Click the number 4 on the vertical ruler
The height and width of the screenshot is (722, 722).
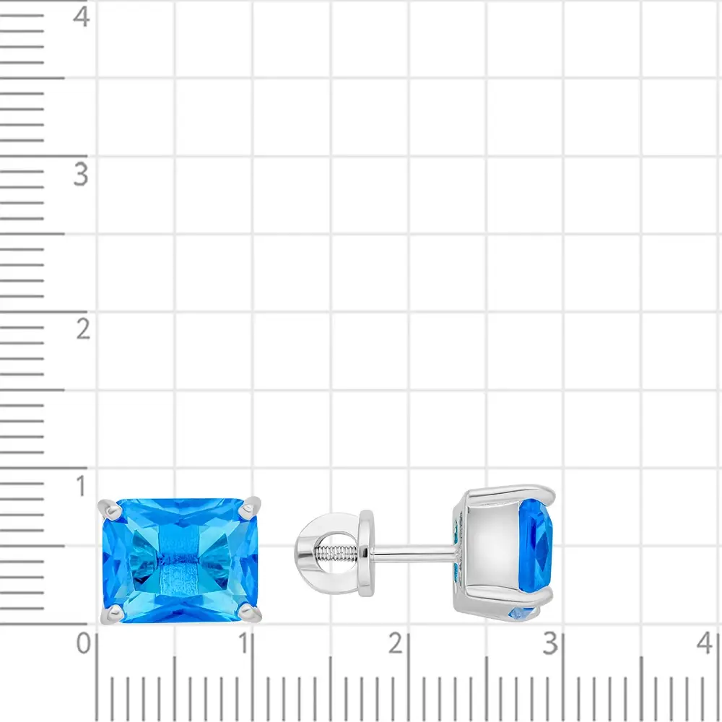82,17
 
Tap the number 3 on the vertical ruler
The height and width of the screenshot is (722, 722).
81,175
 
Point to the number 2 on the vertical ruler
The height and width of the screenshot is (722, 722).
83,329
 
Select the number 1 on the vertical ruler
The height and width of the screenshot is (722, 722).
82,486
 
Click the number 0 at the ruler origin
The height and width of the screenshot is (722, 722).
83,643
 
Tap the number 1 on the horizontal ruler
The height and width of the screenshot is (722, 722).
245,643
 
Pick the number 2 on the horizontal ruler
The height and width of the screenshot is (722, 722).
396,643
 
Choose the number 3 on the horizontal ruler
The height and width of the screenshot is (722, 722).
550,643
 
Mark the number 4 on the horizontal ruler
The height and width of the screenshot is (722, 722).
705,643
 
